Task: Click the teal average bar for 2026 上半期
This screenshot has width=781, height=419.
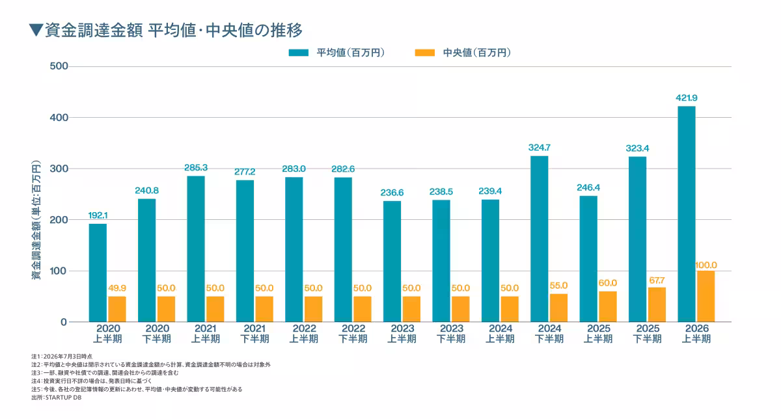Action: [686, 214]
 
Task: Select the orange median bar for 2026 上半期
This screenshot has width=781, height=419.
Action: [706, 296]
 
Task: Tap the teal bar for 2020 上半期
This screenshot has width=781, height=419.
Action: [98, 273]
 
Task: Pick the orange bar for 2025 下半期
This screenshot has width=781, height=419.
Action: [657, 304]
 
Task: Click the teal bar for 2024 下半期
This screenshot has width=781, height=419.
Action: [540, 239]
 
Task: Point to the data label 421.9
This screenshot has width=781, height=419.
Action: [687, 98]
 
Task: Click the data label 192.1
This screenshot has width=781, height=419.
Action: [98, 215]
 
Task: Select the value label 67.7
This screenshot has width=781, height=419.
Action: [657, 280]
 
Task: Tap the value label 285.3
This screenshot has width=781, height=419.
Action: [196, 168]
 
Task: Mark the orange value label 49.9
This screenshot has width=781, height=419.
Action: [117, 288]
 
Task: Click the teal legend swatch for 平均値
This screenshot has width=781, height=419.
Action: [299, 53]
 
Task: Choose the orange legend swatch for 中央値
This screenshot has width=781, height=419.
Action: [424, 53]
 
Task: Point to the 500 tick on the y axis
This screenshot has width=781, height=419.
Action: [59, 66]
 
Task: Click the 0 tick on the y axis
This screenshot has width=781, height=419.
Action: [64, 322]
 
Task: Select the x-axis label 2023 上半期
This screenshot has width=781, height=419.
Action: [402, 334]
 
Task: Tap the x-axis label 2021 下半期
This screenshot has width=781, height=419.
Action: [254, 334]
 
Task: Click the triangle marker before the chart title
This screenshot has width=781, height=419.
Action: [36, 30]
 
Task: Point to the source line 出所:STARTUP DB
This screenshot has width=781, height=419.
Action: [56, 398]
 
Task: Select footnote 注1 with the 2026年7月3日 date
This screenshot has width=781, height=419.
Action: [62, 357]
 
